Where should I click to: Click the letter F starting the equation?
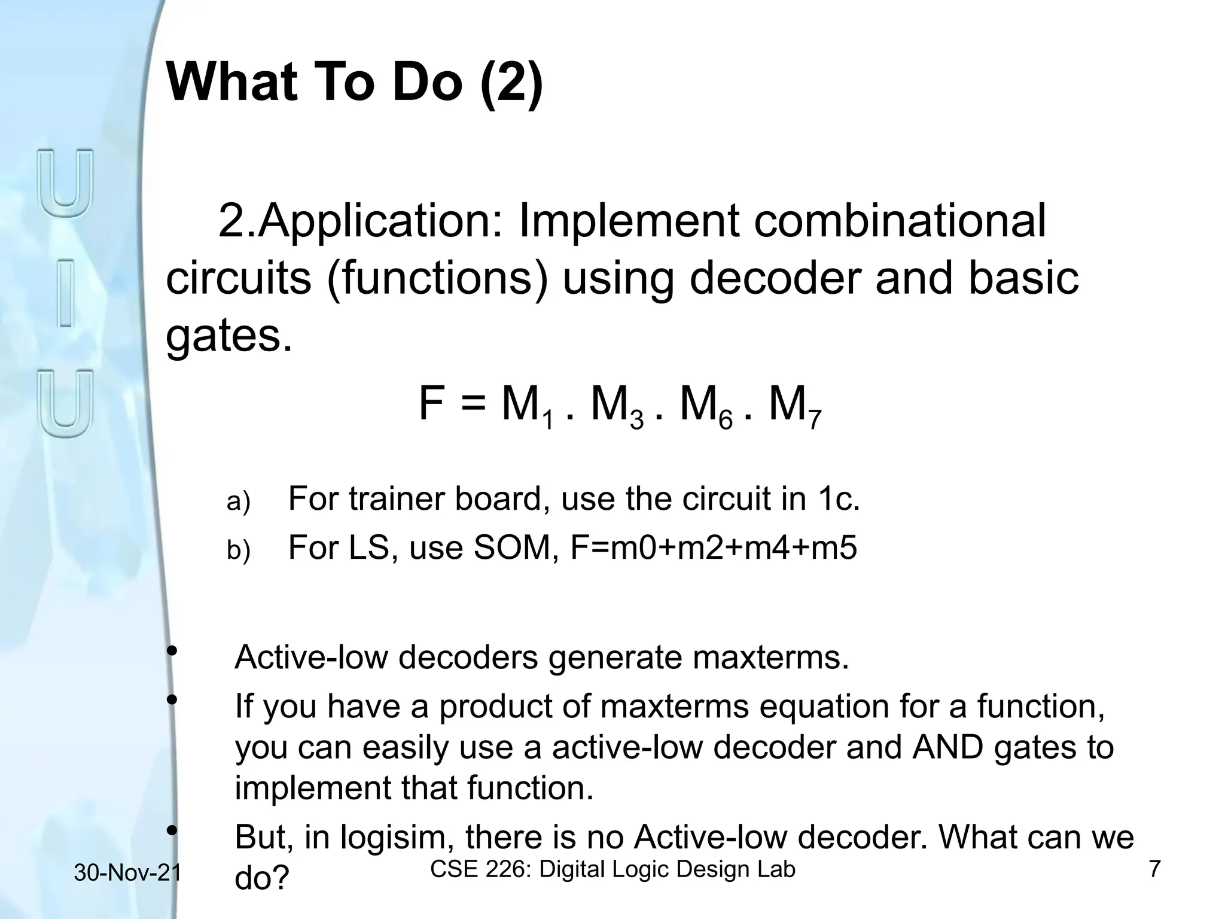click(x=431, y=404)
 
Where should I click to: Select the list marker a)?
click(x=238, y=501)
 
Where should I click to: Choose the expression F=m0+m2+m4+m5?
click(x=714, y=547)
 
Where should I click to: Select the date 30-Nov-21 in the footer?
click(x=127, y=873)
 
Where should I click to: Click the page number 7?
click(x=1155, y=869)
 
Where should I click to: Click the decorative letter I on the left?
click(x=66, y=293)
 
